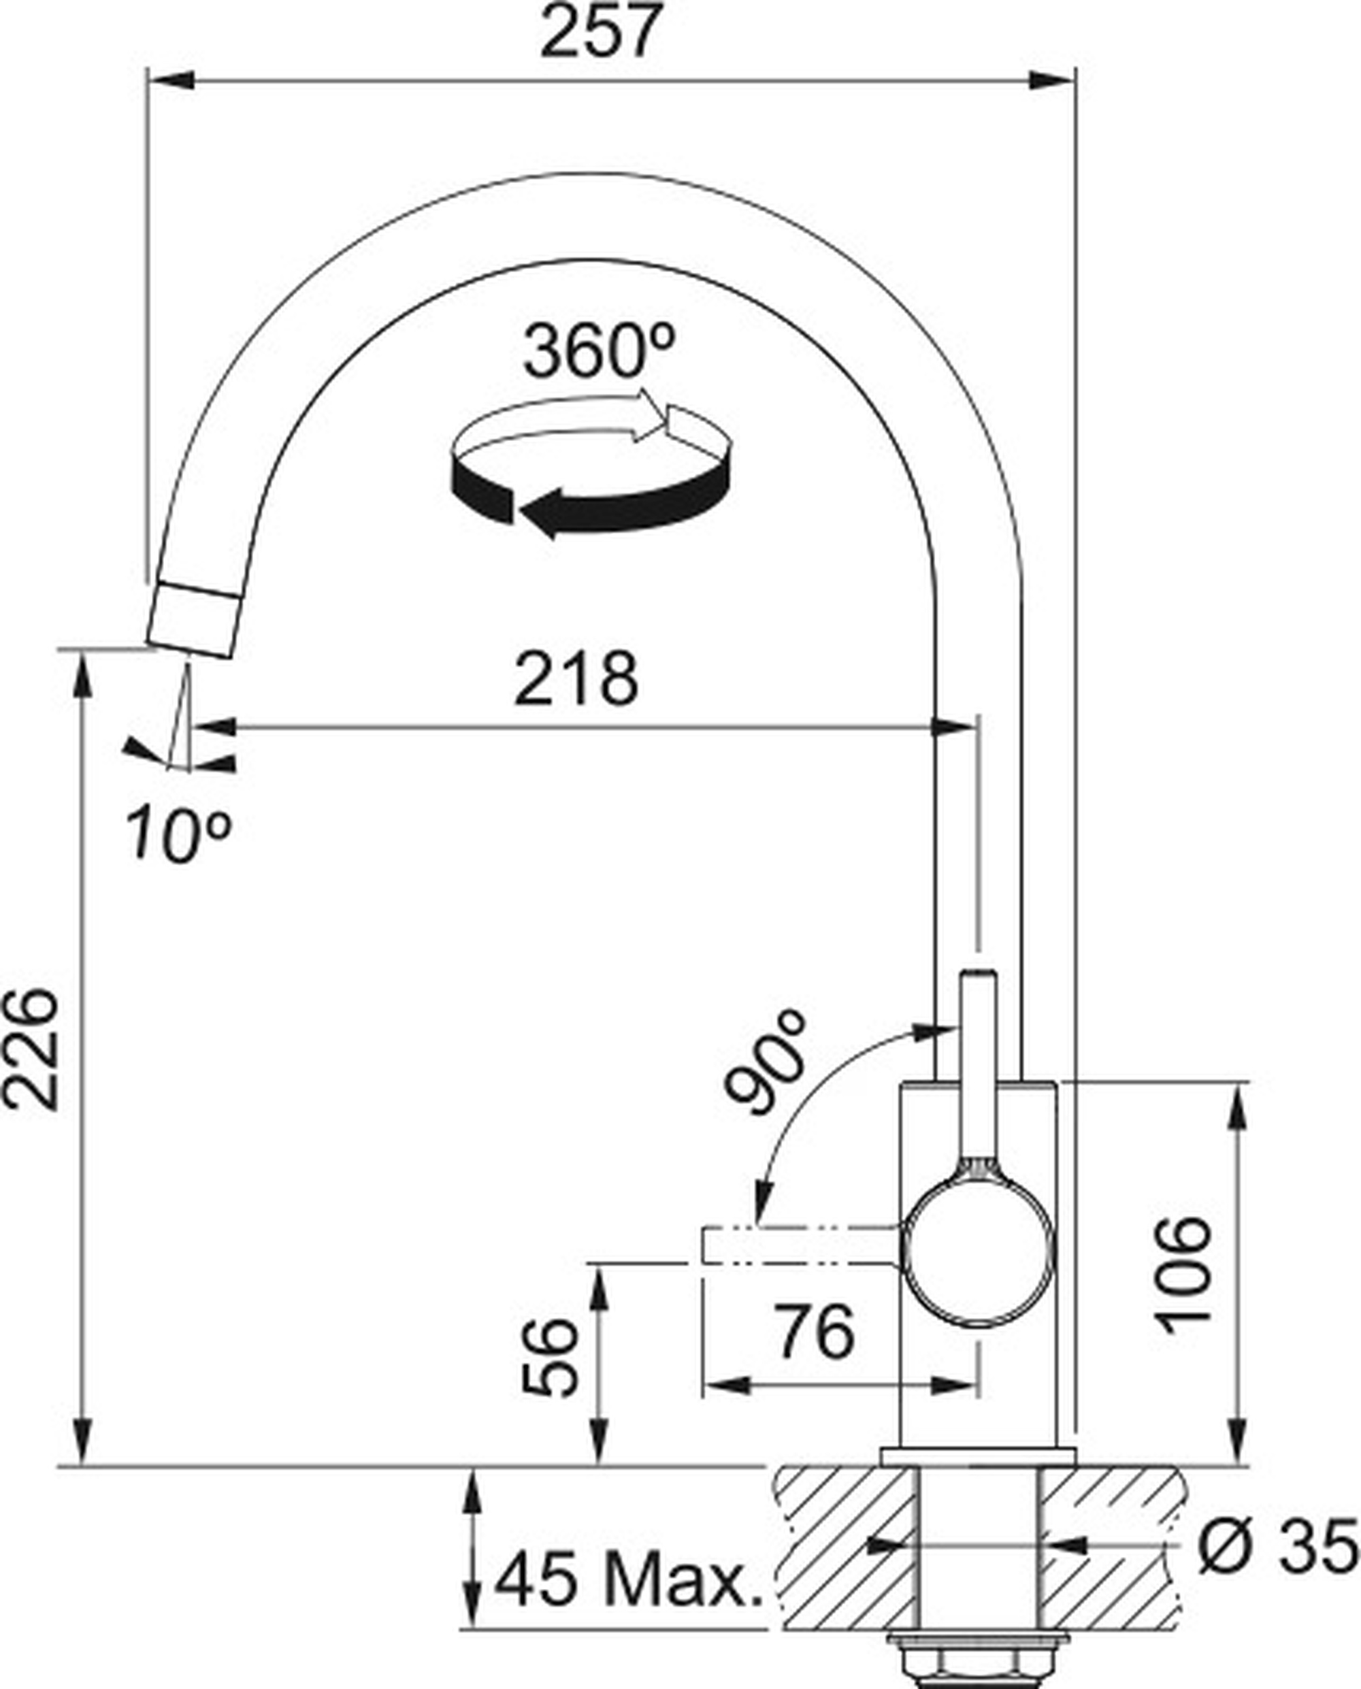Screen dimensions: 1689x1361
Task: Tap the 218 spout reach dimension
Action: click(576, 679)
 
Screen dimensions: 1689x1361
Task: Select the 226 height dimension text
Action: click(31, 1049)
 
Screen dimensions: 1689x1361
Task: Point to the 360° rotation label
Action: click(599, 352)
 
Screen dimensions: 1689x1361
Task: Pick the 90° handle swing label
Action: click(764, 1061)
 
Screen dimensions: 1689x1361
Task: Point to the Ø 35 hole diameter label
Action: click(1278, 1547)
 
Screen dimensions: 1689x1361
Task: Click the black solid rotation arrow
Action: click(596, 506)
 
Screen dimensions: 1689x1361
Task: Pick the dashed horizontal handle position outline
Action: click(800, 1246)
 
